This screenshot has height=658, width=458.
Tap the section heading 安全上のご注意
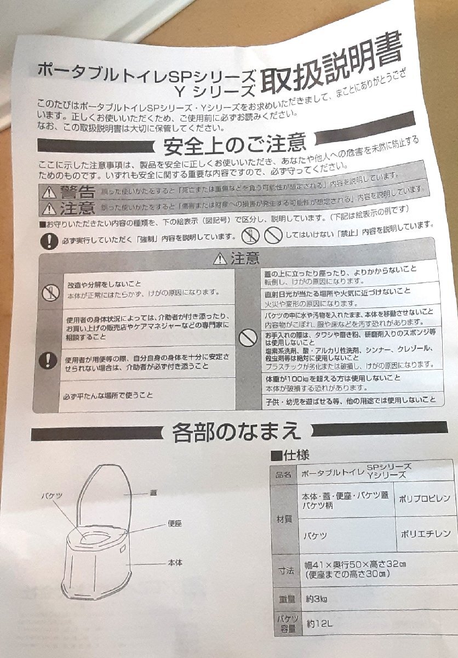click(234, 145)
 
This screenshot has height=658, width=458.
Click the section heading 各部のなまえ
click(236, 431)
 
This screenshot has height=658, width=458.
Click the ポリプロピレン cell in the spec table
click(425, 498)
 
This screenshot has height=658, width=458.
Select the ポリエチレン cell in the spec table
click(425, 533)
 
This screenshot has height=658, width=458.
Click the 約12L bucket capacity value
click(320, 623)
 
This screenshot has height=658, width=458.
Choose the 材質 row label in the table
click(285, 518)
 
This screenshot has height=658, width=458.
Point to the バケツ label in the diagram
click(51, 495)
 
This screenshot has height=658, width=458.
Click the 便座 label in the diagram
click(175, 524)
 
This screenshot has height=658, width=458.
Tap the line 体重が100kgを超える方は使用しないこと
click(332, 378)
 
